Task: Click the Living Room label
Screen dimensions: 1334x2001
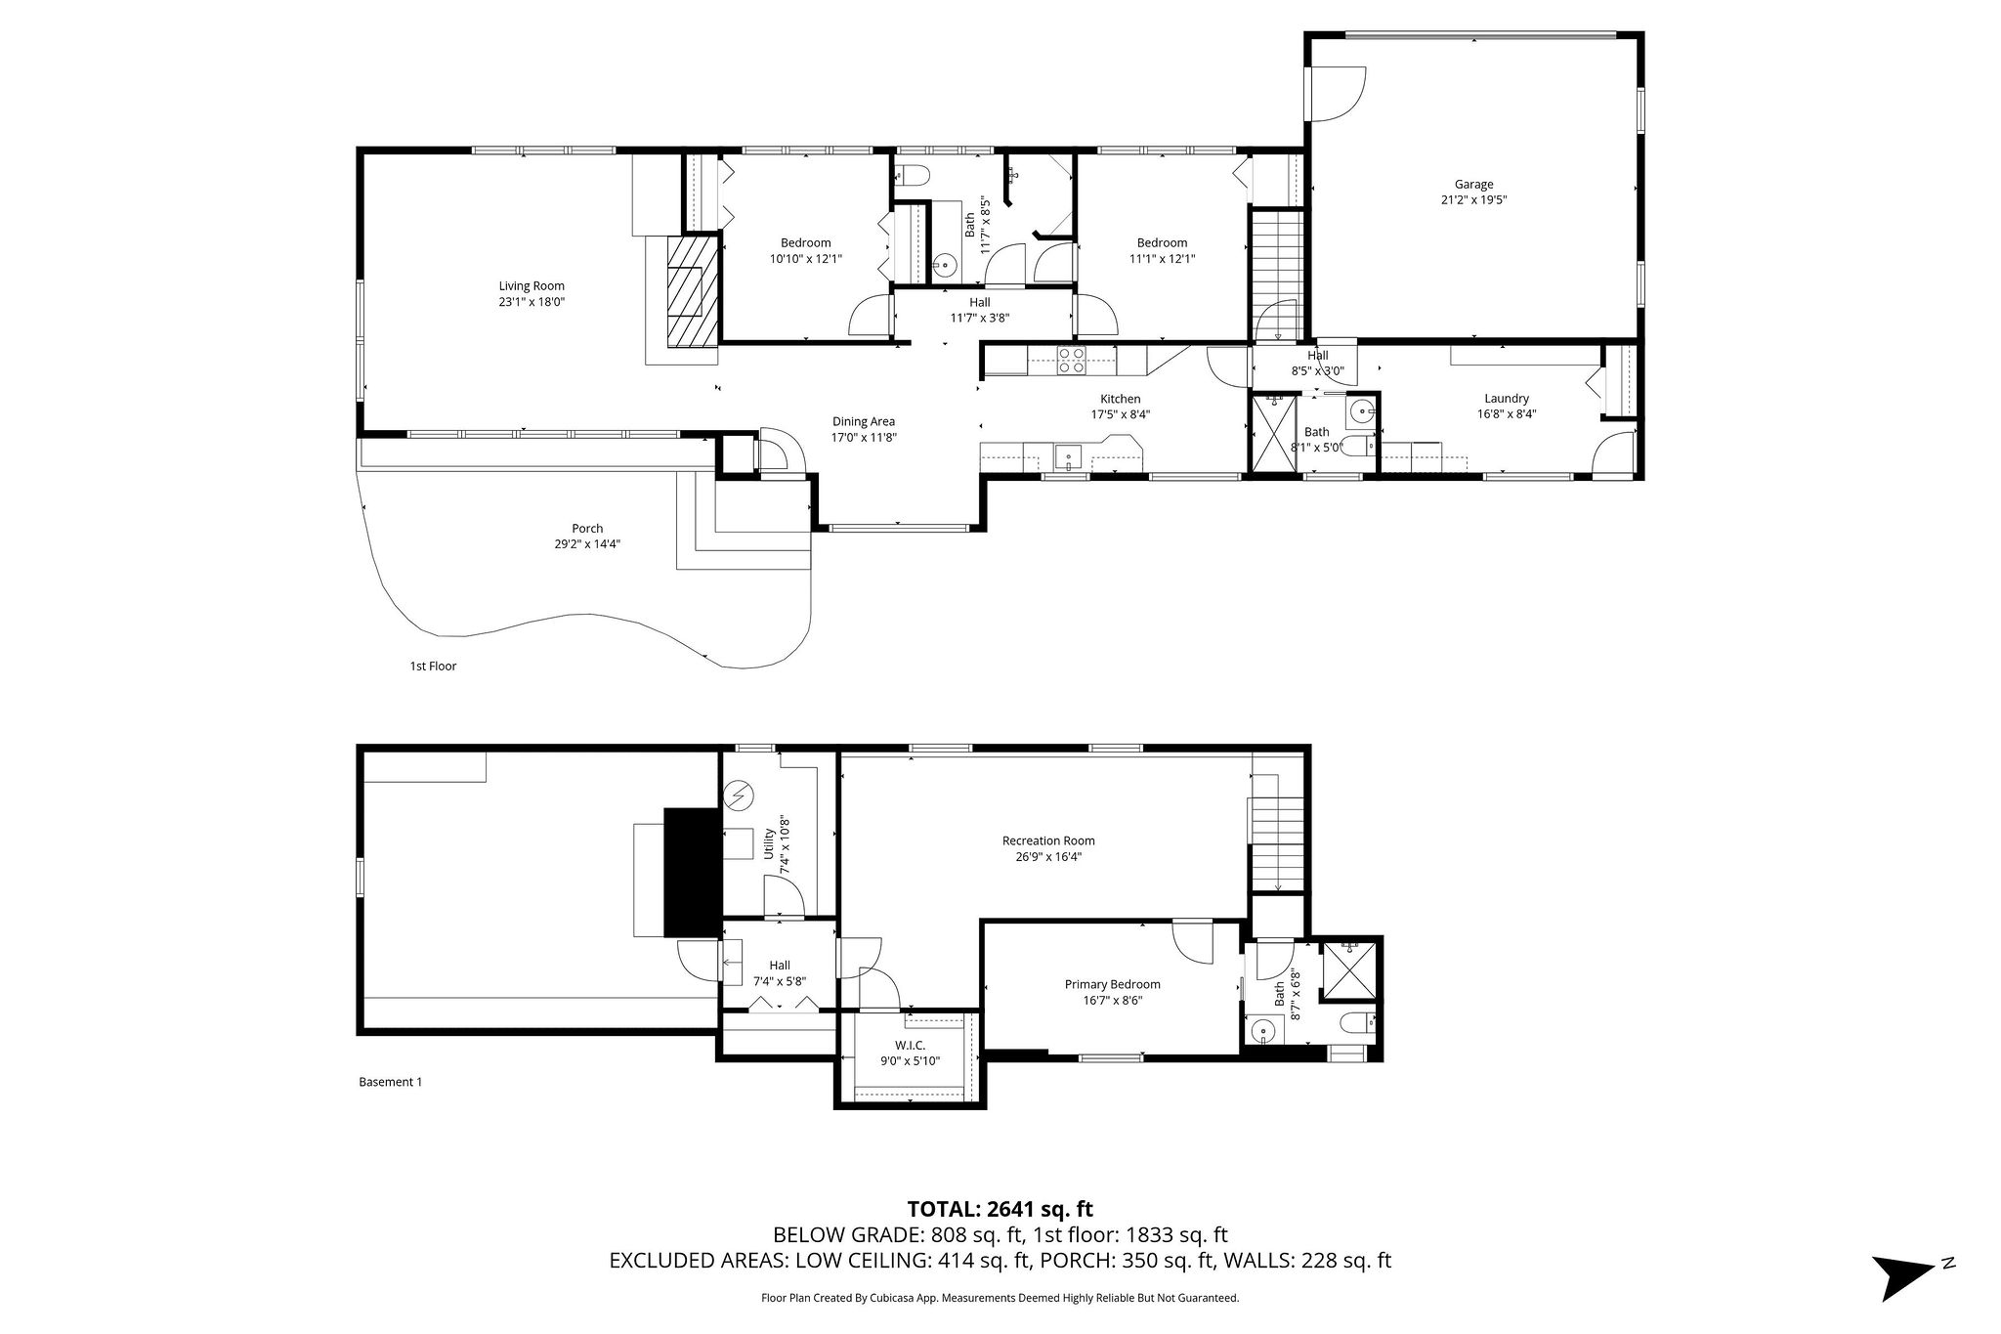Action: coord(532,286)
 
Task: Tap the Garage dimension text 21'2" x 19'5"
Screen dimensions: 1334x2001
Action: coord(1473,199)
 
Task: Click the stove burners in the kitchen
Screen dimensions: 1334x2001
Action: coord(1071,361)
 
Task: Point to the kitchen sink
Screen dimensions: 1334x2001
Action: coord(1068,455)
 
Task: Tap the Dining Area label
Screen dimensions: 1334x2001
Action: coord(863,422)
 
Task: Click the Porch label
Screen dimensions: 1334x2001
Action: coord(587,529)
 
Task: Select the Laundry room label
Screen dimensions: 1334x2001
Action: coord(1506,399)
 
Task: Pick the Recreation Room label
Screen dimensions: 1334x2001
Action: coord(1048,840)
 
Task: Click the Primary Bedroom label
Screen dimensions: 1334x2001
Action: coord(1112,984)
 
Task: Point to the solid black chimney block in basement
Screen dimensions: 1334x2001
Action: coord(692,873)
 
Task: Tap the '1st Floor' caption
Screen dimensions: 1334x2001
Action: coord(432,667)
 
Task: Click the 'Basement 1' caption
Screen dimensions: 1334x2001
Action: coord(391,1082)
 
